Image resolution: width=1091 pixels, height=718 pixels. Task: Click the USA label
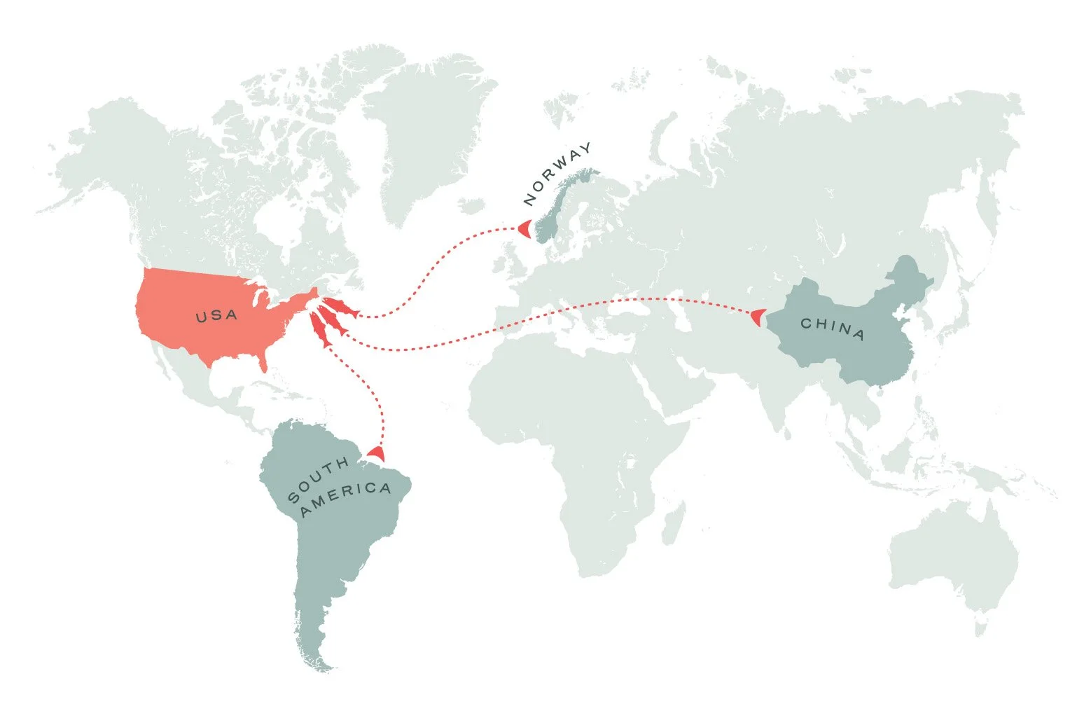(x=217, y=316)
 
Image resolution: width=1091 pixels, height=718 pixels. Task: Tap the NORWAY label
(x=558, y=174)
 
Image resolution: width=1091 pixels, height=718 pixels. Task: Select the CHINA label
(x=833, y=328)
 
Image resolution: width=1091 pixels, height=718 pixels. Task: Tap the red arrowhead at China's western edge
(x=757, y=317)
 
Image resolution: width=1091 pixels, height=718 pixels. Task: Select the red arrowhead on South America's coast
(x=377, y=453)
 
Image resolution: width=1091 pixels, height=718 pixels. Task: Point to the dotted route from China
(x=560, y=315)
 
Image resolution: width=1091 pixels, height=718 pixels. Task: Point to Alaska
(x=98, y=154)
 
